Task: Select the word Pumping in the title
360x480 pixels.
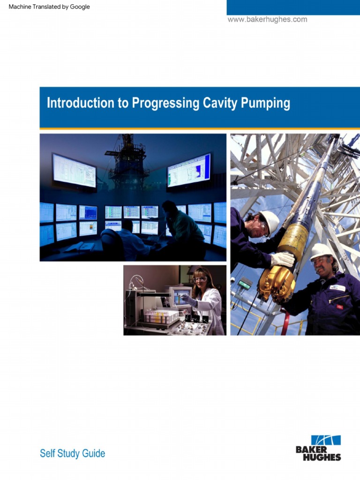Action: [x=265, y=104]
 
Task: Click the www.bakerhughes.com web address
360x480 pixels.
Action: [x=267, y=20]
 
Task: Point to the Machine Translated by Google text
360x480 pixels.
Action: [x=49, y=7]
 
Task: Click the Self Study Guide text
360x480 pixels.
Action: [x=72, y=453]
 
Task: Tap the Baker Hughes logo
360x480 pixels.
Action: [x=319, y=448]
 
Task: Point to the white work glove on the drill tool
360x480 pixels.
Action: [x=282, y=259]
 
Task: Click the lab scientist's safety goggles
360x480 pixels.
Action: [x=200, y=279]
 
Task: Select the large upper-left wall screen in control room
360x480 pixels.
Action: [x=74, y=170]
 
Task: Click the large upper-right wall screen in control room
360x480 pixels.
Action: [x=189, y=170]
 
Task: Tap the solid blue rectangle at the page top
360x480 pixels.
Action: [x=293, y=7]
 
